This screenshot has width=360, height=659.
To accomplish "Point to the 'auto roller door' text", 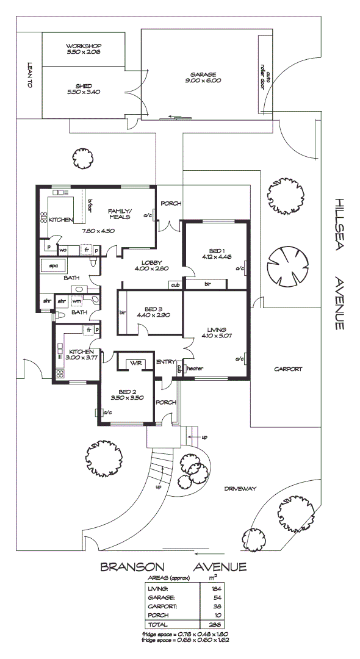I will [266, 77].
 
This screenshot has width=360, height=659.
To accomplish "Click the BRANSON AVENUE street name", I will [173, 567].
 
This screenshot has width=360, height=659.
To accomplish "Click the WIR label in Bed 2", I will [135, 364].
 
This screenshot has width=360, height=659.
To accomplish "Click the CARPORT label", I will [288, 369].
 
